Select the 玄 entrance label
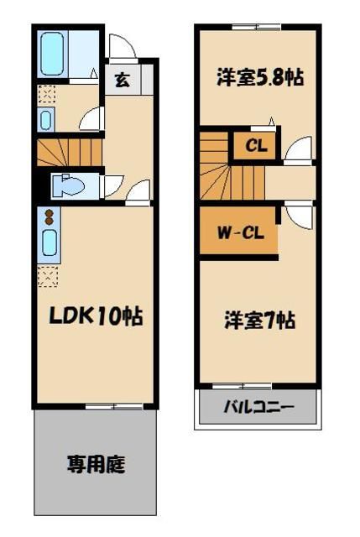tap(123, 81)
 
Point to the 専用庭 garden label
tap(96, 463)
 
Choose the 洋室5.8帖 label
tap(258, 79)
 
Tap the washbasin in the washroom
tap(46, 119)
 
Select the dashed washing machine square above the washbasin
tap(47, 94)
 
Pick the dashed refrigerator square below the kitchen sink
tap(48, 275)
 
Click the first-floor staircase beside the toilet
tap(69, 152)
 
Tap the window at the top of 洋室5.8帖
tap(256, 28)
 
